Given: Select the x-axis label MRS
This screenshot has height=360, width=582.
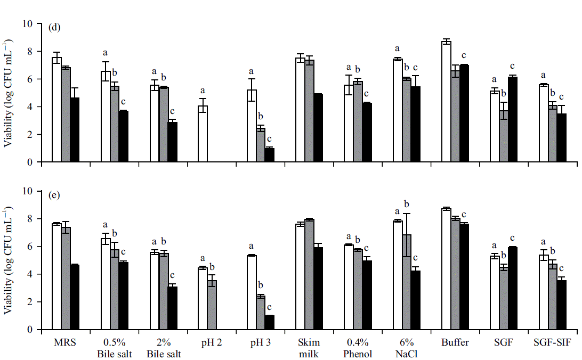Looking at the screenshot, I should click(65, 342).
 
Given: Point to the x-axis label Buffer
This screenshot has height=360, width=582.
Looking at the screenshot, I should click(455, 342).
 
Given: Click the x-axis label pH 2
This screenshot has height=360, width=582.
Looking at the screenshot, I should click(212, 342).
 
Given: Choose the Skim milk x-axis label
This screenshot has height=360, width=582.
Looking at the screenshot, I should click(309, 347).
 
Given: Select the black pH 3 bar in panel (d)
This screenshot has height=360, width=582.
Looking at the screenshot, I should click(270, 155).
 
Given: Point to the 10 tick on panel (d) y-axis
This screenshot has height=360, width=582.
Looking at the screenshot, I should click(28, 24).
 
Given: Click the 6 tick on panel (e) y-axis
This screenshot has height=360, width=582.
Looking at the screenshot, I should click(30, 247).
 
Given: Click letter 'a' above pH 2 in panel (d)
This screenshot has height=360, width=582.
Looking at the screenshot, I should click(203, 91).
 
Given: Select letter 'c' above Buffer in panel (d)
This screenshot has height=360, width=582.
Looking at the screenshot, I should click(464, 55).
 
